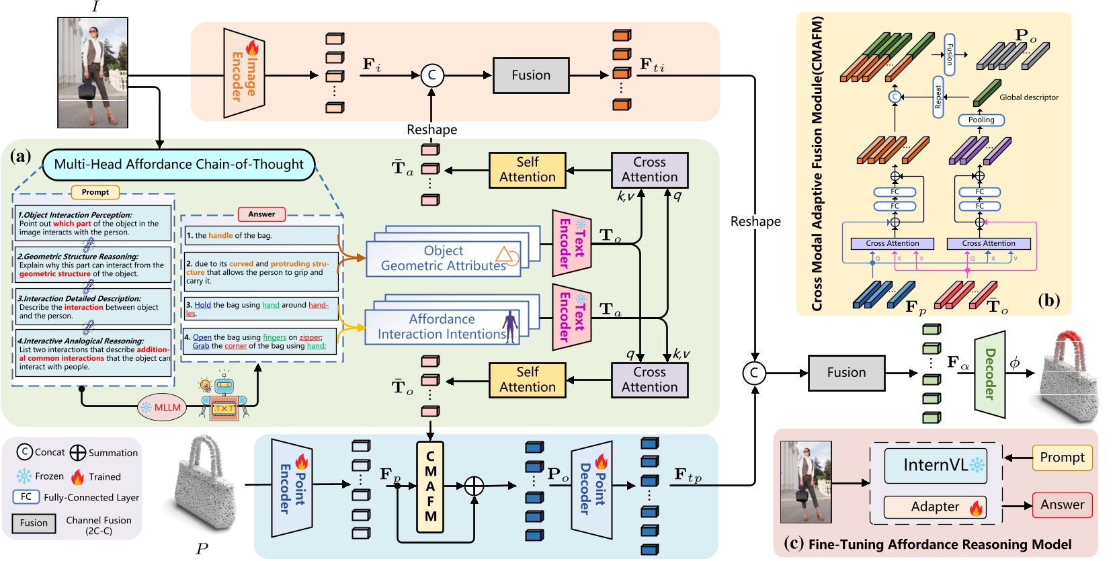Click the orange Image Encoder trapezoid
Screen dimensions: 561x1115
pyautogui.click(x=243, y=73)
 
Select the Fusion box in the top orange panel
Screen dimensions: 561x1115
pyautogui.click(x=531, y=75)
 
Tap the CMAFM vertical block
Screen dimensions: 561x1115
pyautogui.click(x=430, y=486)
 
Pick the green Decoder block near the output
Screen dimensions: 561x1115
pyautogui.click(x=989, y=374)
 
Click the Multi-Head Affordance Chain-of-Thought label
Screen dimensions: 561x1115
pyautogui.click(x=179, y=165)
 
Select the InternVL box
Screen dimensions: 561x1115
pyautogui.click(x=936, y=466)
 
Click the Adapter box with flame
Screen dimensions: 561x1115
pyautogui.click(x=935, y=507)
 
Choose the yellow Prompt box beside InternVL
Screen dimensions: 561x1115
pyautogui.click(x=1062, y=458)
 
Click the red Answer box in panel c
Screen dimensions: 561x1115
pyautogui.click(x=1062, y=505)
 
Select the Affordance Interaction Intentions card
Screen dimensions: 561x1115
pyautogui.click(x=442, y=327)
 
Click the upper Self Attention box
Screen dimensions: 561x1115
pyautogui.click(x=527, y=170)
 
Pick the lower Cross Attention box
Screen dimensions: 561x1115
pyautogui.click(x=649, y=380)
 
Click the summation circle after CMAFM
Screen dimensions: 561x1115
pyautogui.click(x=474, y=486)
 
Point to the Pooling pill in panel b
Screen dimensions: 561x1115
pyautogui.click(x=981, y=120)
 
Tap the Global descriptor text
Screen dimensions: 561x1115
pyautogui.click(x=1028, y=97)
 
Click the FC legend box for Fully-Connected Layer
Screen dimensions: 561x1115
pyautogui.click(x=26, y=497)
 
